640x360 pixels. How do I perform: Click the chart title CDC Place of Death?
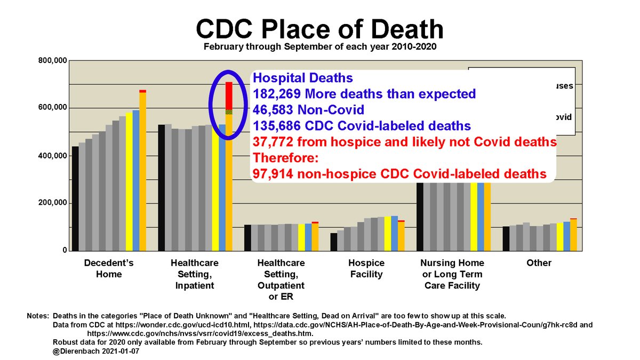pos(319,28)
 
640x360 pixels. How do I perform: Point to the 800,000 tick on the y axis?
pos(53,61)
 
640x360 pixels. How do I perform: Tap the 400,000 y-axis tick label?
pos(53,156)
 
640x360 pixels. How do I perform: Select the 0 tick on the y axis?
pos(64,250)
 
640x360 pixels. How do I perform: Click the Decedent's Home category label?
pos(109,269)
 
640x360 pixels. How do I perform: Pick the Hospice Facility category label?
pos(366,269)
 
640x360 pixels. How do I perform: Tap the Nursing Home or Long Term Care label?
pos(452,274)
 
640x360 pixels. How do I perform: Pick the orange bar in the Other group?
pos(574,235)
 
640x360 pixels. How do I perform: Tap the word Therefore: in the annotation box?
pos(277,158)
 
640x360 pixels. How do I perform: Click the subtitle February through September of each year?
pos(319,47)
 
